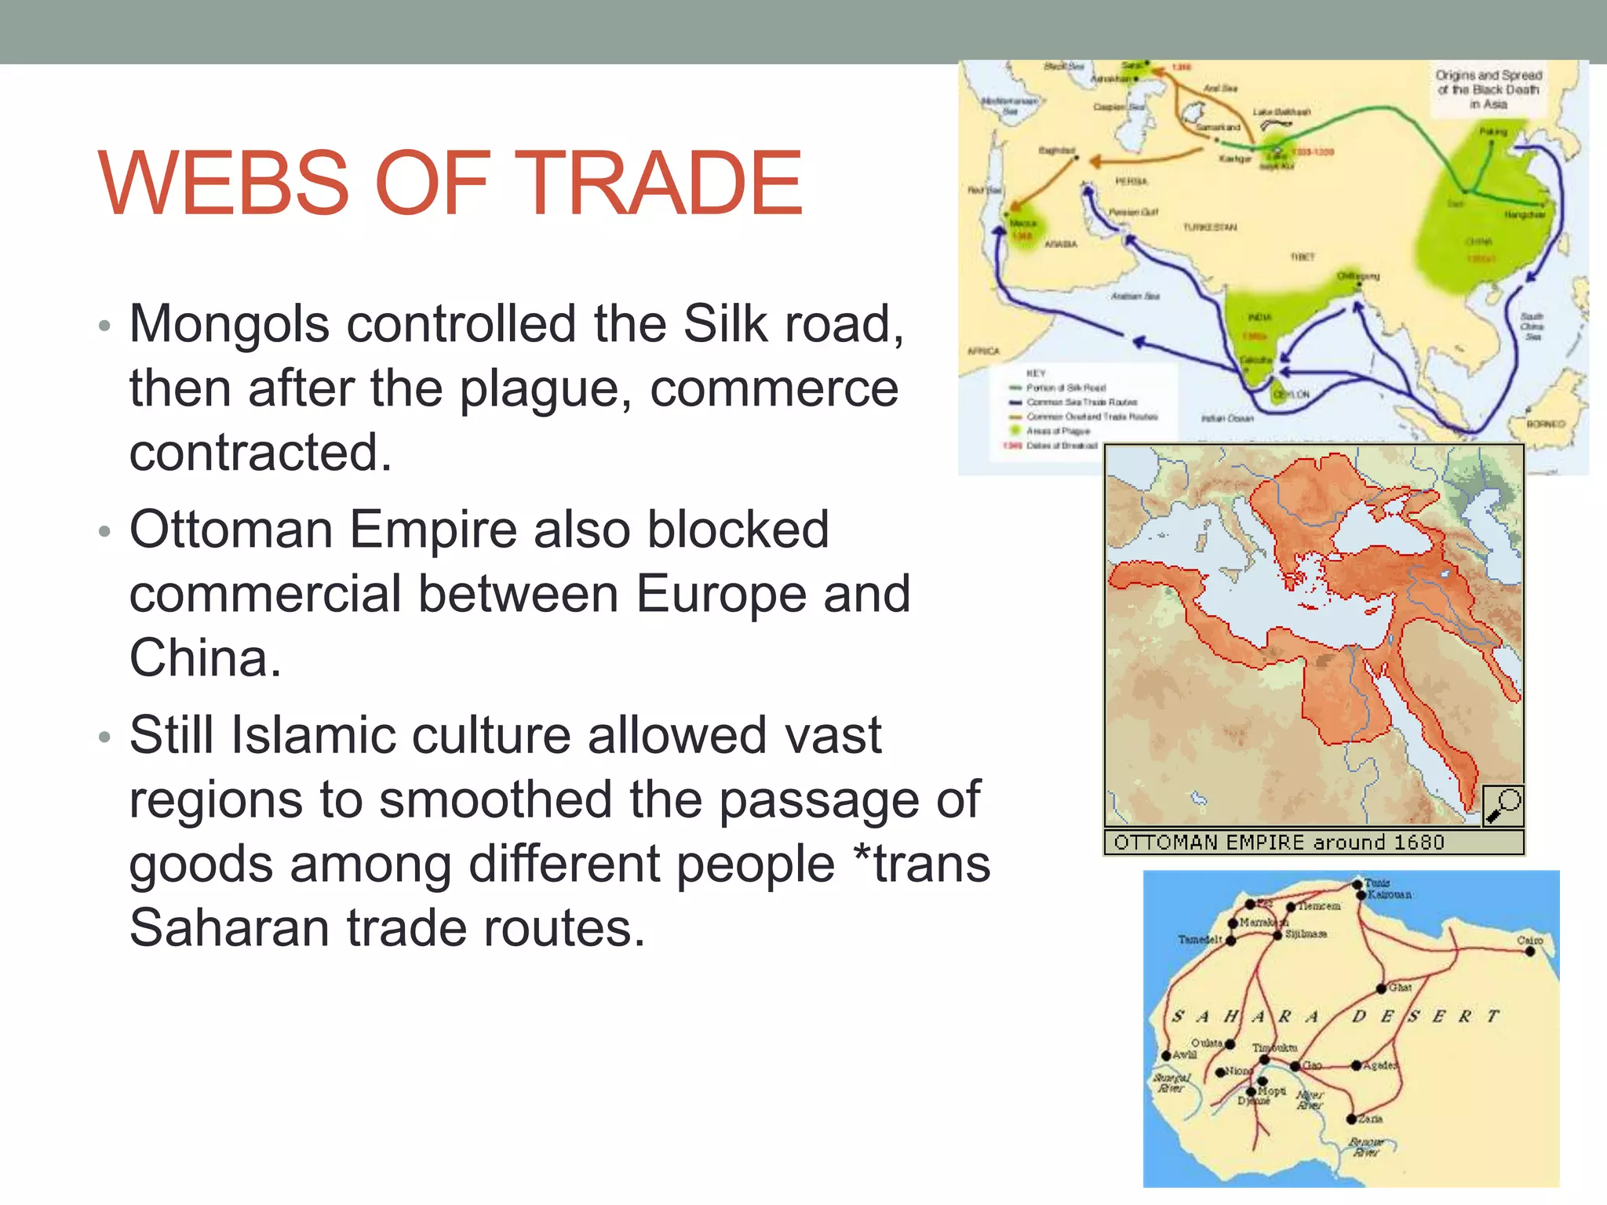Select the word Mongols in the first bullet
point(229,323)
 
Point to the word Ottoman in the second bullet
point(231,530)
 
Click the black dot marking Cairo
point(1529,952)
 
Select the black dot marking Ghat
point(1382,988)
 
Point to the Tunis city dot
point(1357,885)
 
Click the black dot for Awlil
point(1167,1056)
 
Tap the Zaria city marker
point(1351,1119)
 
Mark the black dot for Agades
point(1356,1065)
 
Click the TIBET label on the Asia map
point(1303,257)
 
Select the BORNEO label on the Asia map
point(1546,424)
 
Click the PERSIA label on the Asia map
point(1131,181)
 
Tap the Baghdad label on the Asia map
point(1057,150)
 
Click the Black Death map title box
point(1489,89)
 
